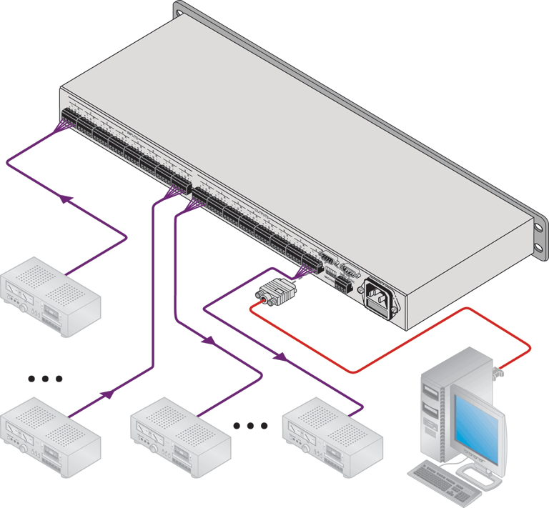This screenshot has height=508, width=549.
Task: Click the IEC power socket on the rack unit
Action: [382, 296]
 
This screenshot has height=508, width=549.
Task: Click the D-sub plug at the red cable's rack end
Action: [274, 292]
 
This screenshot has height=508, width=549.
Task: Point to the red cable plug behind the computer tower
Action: [498, 371]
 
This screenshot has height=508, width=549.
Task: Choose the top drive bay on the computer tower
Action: [430, 392]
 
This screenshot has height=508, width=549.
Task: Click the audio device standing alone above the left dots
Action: [50, 289]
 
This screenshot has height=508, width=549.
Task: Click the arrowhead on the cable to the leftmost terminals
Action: [66, 199]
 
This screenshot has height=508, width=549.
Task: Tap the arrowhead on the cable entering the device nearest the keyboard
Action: [282, 356]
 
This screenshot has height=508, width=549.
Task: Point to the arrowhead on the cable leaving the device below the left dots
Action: [108, 393]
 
